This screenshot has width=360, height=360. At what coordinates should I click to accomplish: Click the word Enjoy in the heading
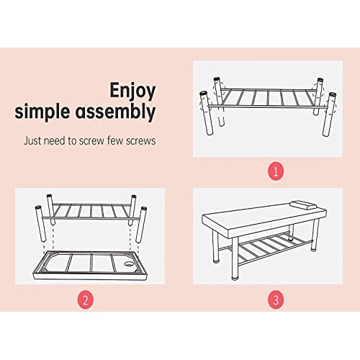(133, 91)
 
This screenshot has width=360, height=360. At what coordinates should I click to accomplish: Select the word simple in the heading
(48, 112)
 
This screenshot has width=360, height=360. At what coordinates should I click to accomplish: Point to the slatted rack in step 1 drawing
(266, 96)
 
